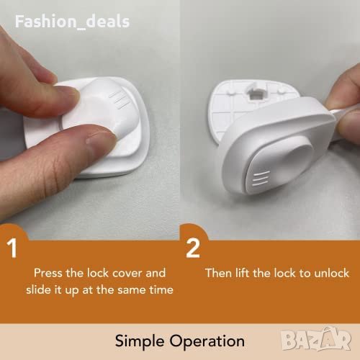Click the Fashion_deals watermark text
point(72,22)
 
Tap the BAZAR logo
point(316,339)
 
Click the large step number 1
point(12,248)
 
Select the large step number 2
point(192,248)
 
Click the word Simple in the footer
point(140,341)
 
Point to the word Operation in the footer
point(207,341)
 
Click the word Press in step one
point(48,273)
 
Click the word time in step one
point(161,289)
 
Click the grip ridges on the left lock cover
point(120,99)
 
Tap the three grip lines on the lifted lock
point(261,179)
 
